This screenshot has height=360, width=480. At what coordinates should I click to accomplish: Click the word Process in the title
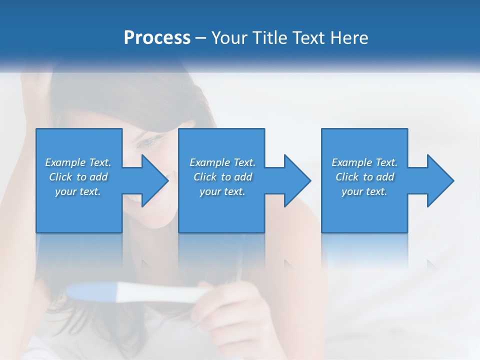(x=157, y=38)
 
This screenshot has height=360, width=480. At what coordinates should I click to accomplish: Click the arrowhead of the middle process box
(x=297, y=180)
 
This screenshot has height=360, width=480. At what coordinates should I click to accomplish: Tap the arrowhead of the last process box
(x=440, y=180)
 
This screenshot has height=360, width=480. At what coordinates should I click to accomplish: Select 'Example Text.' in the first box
(x=78, y=162)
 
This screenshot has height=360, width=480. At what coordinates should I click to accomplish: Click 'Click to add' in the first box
(x=78, y=177)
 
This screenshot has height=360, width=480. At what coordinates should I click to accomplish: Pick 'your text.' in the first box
(x=78, y=191)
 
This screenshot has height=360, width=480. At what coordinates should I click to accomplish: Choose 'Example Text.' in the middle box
(x=222, y=162)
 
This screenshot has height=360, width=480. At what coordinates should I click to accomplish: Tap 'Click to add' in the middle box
(x=222, y=177)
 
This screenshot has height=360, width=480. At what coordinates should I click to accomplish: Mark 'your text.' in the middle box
(x=222, y=191)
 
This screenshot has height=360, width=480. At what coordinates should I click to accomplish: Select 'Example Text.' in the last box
(x=364, y=162)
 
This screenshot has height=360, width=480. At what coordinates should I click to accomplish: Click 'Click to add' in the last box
(x=364, y=177)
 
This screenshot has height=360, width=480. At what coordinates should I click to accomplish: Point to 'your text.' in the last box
(x=364, y=191)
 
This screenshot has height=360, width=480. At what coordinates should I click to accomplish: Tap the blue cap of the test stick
(x=92, y=291)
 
